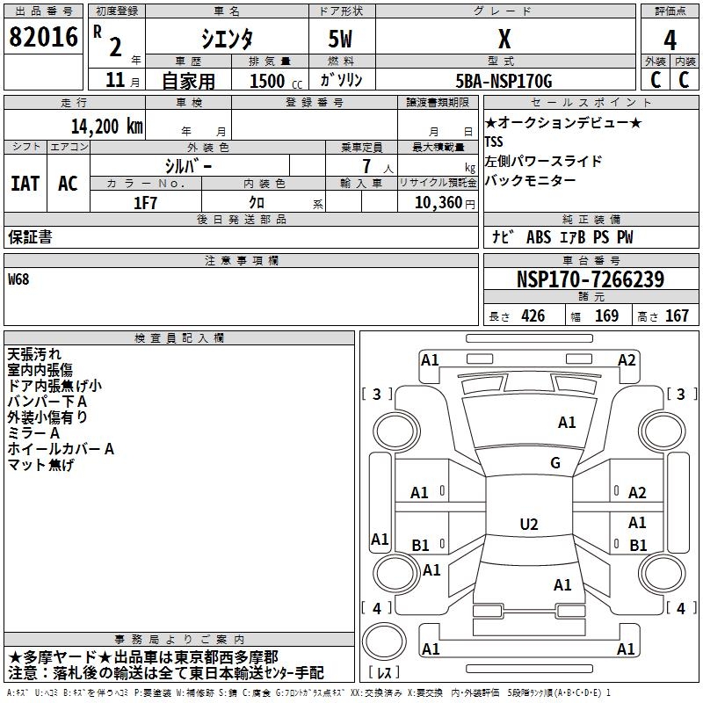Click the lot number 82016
tap(42, 39)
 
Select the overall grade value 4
tap(670, 40)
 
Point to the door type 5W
tap(342, 39)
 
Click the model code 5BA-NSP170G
tap(504, 81)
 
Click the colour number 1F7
tap(145, 202)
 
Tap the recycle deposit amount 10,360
tap(436, 202)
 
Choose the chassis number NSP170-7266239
tap(590, 279)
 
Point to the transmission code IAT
tap(25, 183)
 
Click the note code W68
tap(19, 279)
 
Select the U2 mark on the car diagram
tap(528, 525)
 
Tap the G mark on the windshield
tap(554, 463)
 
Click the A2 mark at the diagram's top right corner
tap(626, 359)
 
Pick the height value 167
tap(677, 316)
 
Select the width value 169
tap(606, 316)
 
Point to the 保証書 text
tap(30, 236)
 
